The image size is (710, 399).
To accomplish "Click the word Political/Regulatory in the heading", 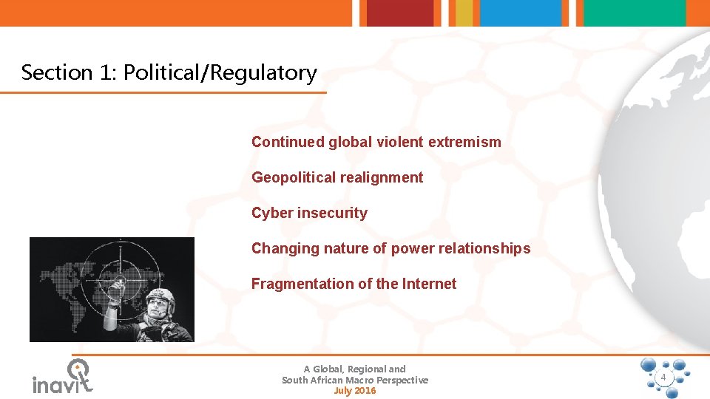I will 220,73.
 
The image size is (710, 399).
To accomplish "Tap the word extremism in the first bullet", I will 464,142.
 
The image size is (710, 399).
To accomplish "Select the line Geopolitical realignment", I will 337,177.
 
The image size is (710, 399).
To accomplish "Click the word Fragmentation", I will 297,284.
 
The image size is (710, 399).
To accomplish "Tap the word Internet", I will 429,284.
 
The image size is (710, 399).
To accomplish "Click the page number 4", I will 663,378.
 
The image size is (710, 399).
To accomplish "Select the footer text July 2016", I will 355,391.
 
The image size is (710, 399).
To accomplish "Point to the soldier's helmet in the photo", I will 160,297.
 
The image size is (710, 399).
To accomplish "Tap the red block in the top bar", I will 400,13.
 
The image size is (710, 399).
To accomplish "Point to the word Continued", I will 286,142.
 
